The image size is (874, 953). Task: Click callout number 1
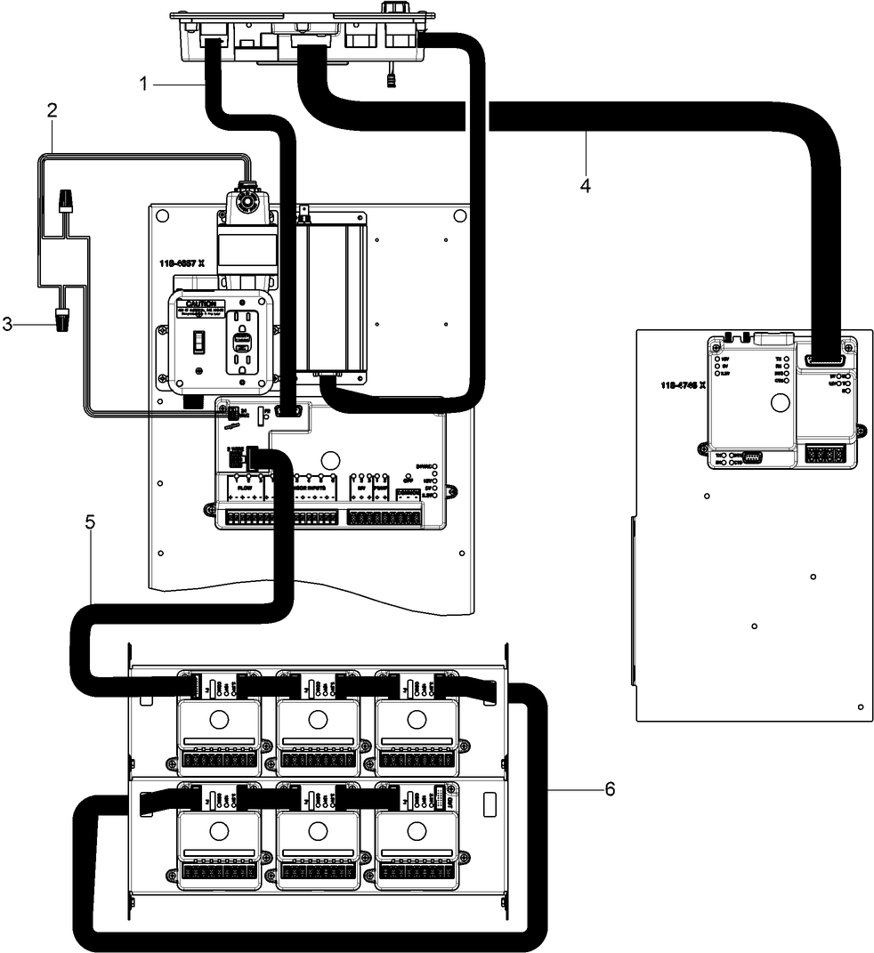[143, 83]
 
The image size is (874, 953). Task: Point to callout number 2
[53, 112]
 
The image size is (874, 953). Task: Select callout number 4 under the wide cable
[585, 186]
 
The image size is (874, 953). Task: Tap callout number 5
[90, 522]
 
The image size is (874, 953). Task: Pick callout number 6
[609, 788]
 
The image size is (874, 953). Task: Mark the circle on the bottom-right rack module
[415, 831]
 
